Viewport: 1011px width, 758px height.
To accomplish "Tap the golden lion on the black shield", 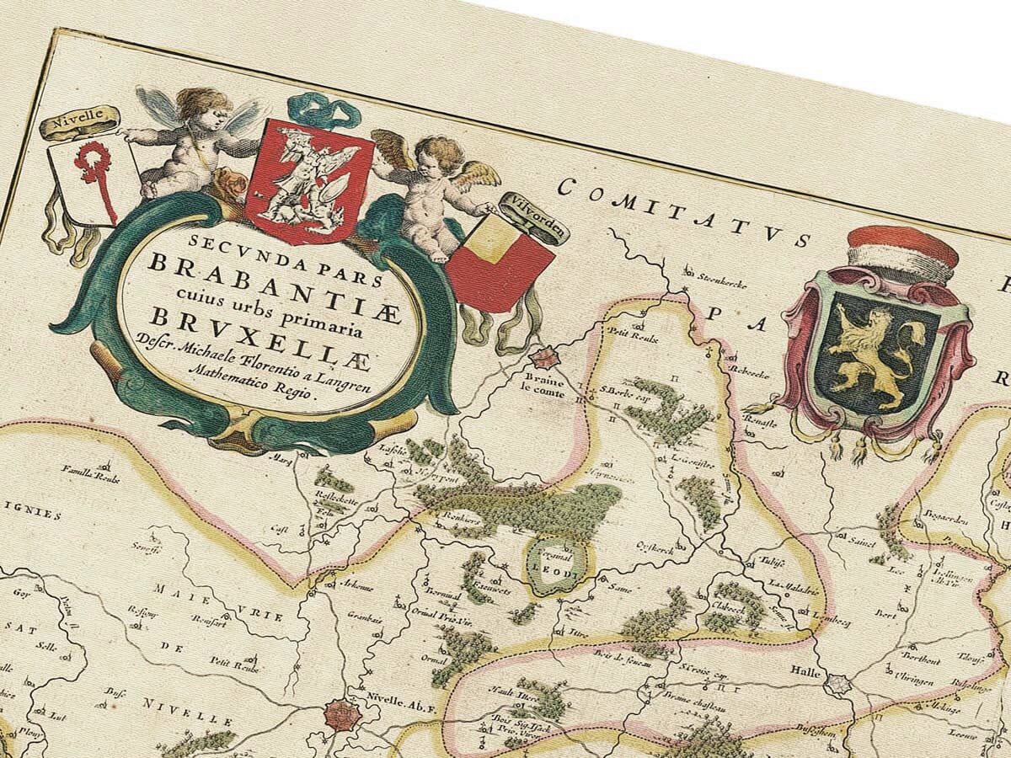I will point(876,354).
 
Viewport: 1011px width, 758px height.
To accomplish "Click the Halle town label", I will point(806,671).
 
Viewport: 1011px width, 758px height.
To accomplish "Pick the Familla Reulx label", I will point(90,473).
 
